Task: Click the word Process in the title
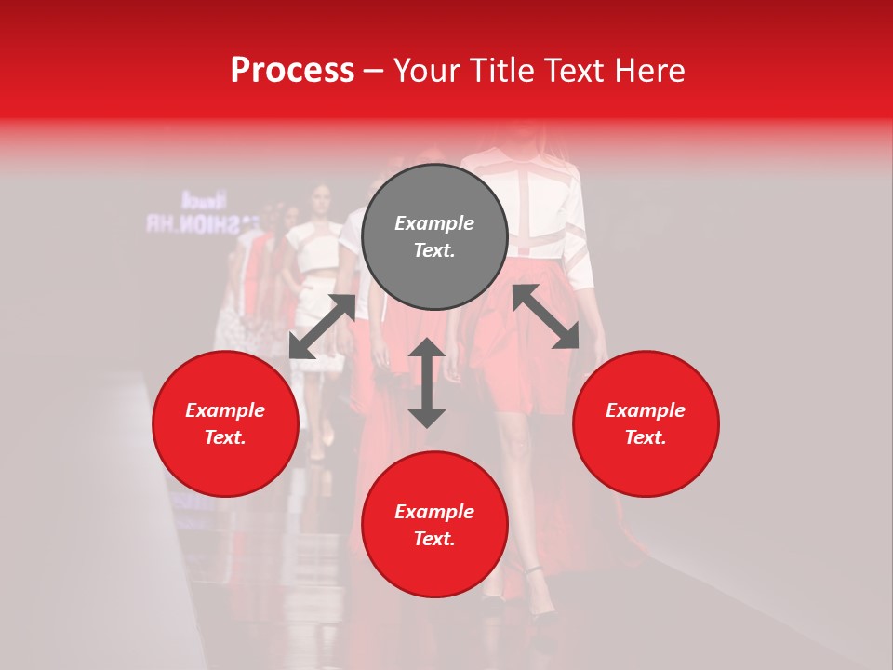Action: click(x=292, y=71)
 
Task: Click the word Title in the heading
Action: click(x=501, y=71)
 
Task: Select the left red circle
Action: click(x=225, y=423)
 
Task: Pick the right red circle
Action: click(x=646, y=423)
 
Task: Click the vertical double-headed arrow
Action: click(x=427, y=382)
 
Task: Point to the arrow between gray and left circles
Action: click(x=322, y=327)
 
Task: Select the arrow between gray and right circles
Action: click(x=546, y=316)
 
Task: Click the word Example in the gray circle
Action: click(x=434, y=223)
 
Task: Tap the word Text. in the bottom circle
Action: click(x=434, y=539)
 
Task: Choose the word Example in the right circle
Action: click(x=646, y=410)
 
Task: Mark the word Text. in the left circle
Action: click(x=225, y=437)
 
